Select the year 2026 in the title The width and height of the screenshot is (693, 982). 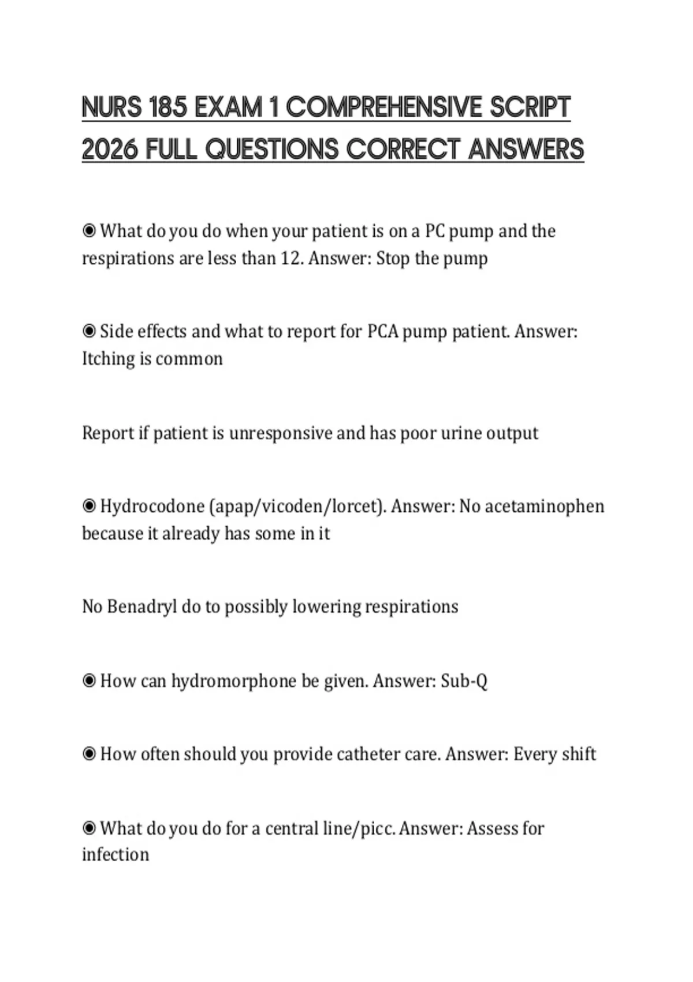(x=110, y=150)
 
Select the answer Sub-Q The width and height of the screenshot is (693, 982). (x=464, y=681)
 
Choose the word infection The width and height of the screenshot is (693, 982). (x=115, y=855)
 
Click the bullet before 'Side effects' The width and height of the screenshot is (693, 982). (x=89, y=332)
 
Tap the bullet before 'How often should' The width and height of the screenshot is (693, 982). (x=89, y=754)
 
